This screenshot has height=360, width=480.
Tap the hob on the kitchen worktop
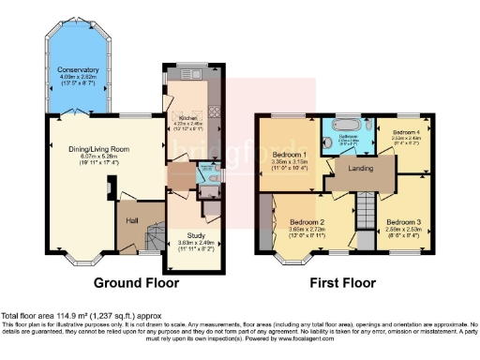pos(212,111)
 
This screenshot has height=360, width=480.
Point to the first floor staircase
pos(365,202)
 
